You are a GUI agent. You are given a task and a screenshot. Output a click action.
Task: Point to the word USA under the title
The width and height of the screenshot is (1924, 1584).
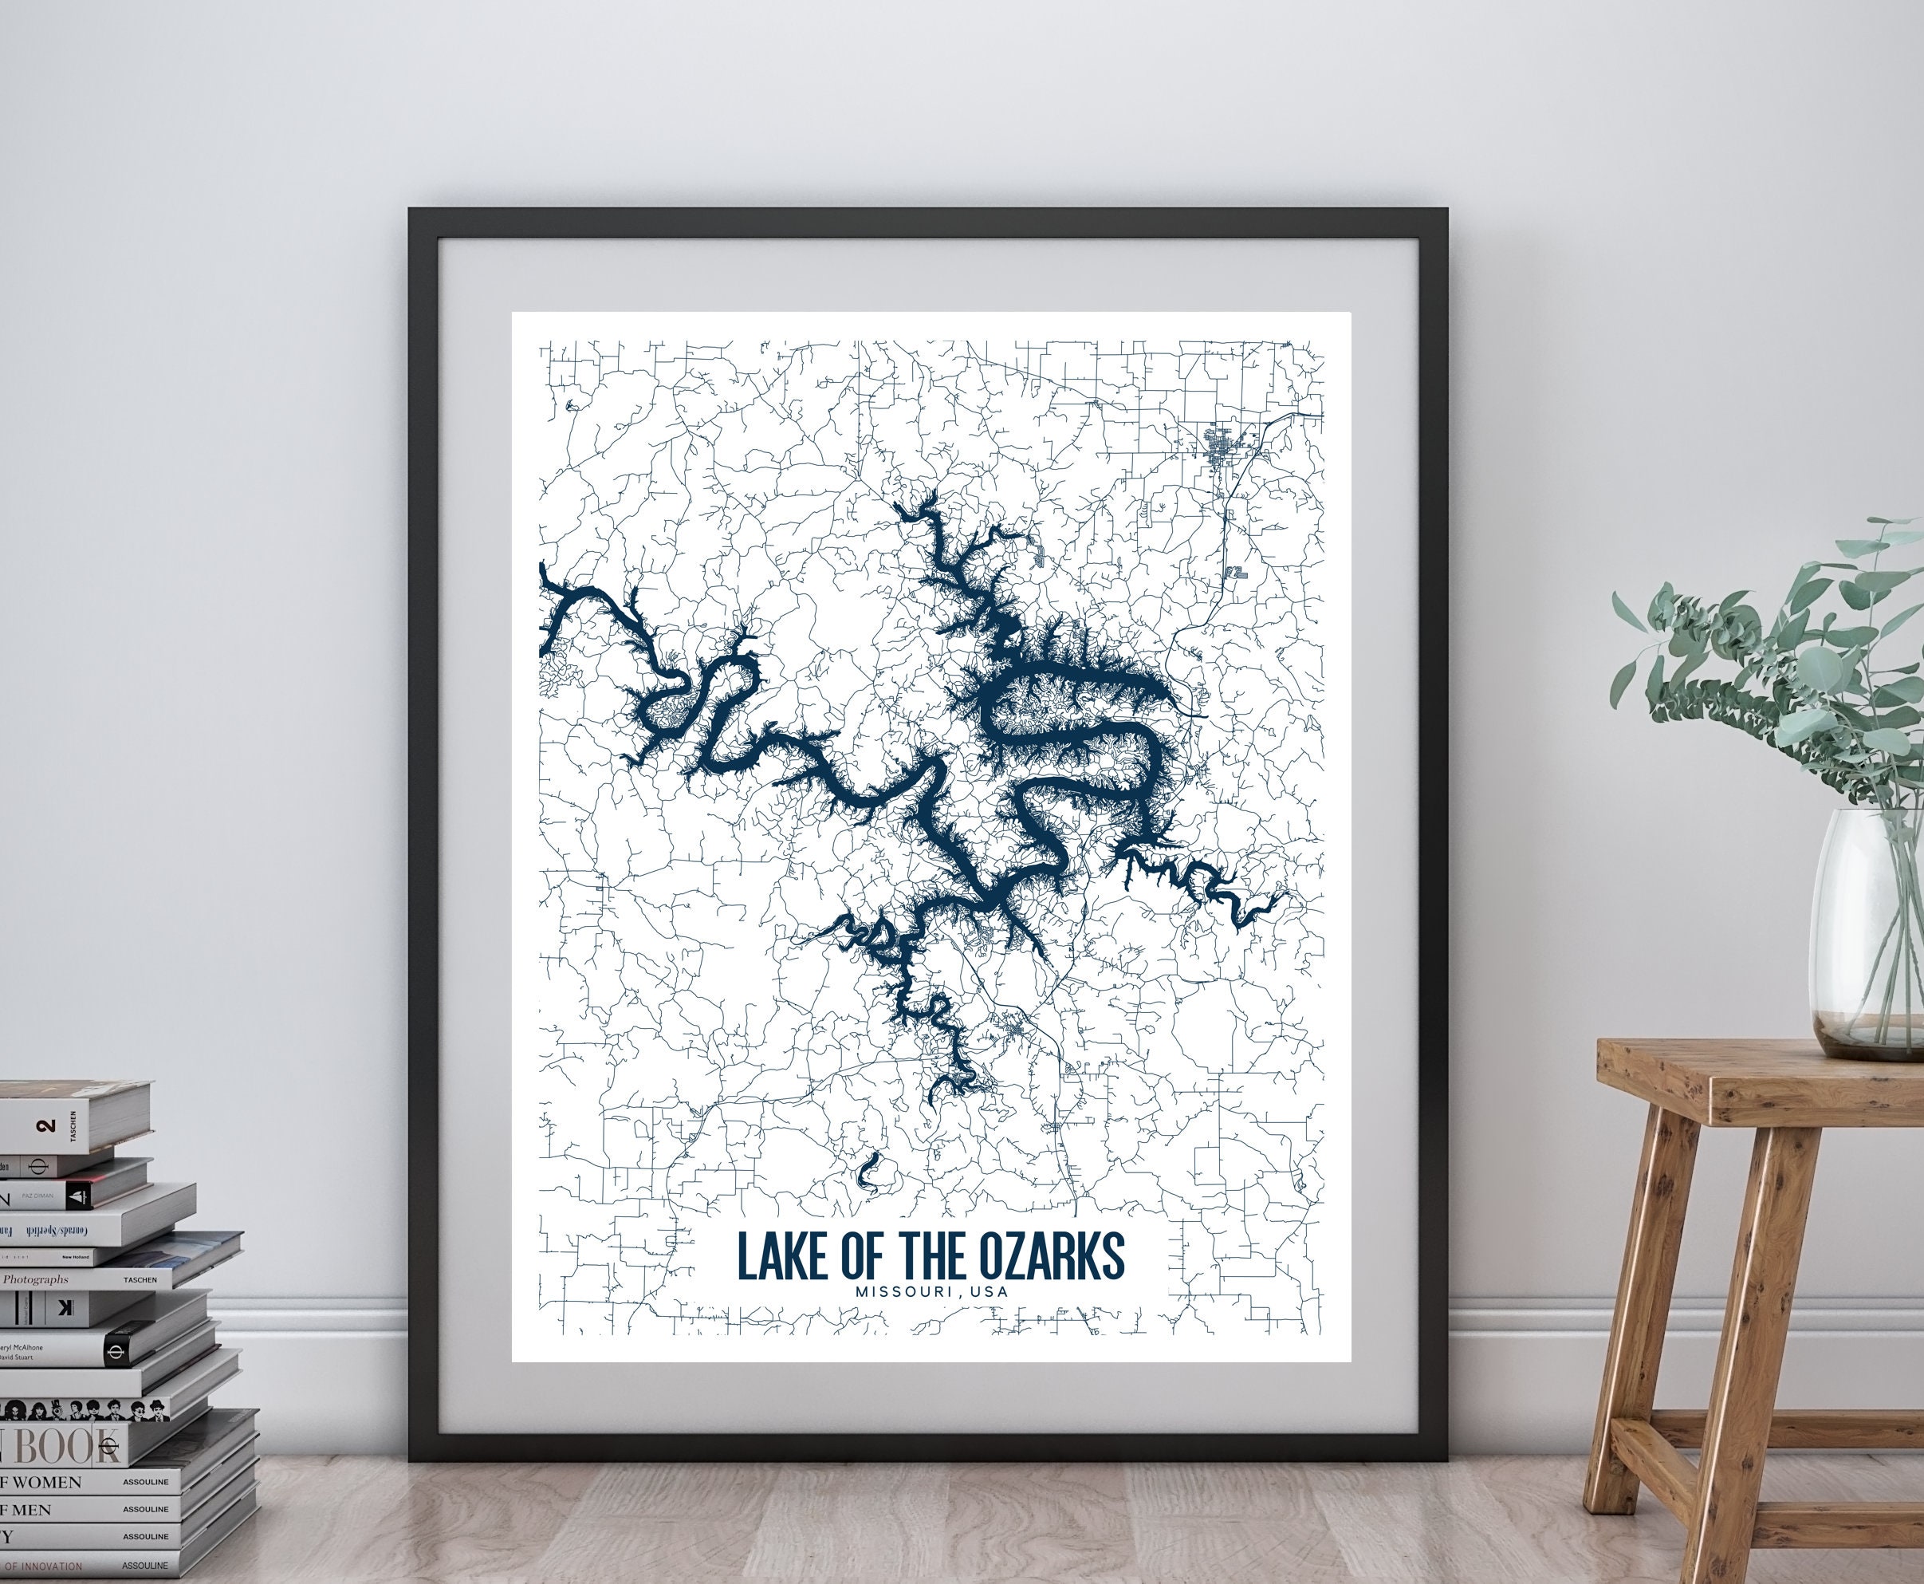tap(990, 1292)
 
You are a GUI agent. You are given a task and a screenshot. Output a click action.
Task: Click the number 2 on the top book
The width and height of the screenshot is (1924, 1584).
tap(46, 1126)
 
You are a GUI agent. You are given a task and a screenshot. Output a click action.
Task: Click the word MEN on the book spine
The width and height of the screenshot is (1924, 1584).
tap(31, 1510)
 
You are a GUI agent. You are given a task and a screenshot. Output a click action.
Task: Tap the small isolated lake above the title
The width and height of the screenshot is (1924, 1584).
tap(868, 1172)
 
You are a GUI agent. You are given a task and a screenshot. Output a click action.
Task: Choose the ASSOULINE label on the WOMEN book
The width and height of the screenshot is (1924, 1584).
tap(146, 1483)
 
